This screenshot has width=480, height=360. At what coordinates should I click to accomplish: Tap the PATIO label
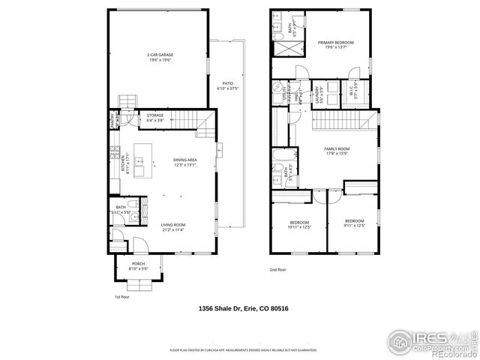click(228, 85)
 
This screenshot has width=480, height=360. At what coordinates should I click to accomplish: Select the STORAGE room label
click(155, 117)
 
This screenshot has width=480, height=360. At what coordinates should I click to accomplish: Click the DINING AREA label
click(185, 162)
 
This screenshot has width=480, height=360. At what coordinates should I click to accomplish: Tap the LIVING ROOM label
click(172, 226)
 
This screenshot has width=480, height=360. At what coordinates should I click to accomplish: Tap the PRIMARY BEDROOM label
click(334, 44)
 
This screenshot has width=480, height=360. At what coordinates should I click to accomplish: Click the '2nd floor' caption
click(278, 269)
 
